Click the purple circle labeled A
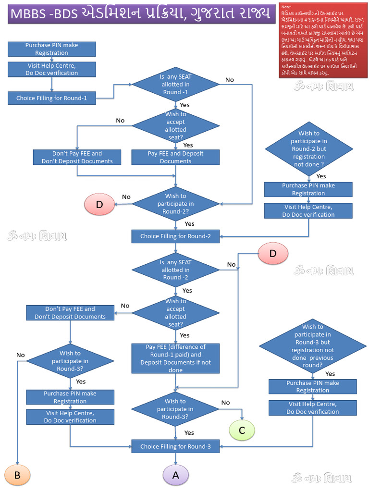tap(175, 475)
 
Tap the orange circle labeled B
tap(17, 475)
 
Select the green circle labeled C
tap(242, 430)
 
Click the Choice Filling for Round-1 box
tap(52, 98)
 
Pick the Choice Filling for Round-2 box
tap(175, 236)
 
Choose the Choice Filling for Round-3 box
tap(175, 446)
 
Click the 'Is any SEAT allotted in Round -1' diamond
tap(175, 85)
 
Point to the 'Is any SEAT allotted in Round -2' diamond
tap(175, 270)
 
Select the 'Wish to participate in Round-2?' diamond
tap(175, 204)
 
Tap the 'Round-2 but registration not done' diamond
tap(308, 149)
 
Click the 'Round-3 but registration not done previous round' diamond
tap(312, 346)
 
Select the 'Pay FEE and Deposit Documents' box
tap(175, 157)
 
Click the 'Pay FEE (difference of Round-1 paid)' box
tap(175, 358)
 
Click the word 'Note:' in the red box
tap(286, 8)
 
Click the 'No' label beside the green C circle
tap(225, 403)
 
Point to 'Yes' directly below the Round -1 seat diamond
tap(184, 105)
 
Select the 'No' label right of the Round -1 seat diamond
tap(230, 80)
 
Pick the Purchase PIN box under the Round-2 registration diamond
tap(308, 189)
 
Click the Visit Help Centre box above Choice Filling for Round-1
tap(52, 69)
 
